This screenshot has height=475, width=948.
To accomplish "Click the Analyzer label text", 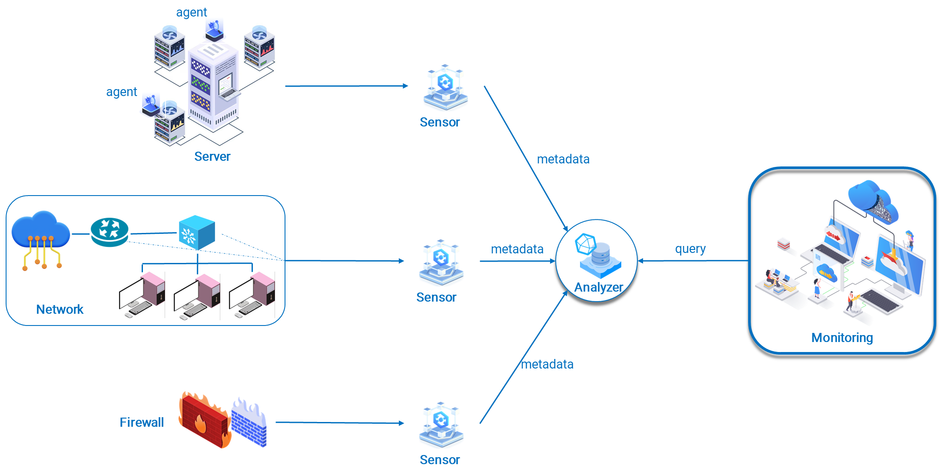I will [x=598, y=287].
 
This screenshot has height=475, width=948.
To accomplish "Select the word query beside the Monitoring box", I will [x=690, y=249].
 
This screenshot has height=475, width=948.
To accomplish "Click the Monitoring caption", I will [x=842, y=338].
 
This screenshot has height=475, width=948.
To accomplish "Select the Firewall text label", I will [x=142, y=422].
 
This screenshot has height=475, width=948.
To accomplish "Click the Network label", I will [x=60, y=309].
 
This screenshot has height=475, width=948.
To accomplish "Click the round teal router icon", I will [x=109, y=232].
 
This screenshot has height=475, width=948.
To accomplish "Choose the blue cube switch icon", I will [x=197, y=232].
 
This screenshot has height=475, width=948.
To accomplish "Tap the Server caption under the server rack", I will [x=212, y=156].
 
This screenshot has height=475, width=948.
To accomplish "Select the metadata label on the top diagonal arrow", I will [x=563, y=159].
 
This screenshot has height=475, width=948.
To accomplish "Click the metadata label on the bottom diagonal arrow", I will [x=547, y=364].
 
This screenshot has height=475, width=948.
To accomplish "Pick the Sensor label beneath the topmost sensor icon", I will [x=439, y=123].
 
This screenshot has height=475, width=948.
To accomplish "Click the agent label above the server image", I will [x=191, y=12].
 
